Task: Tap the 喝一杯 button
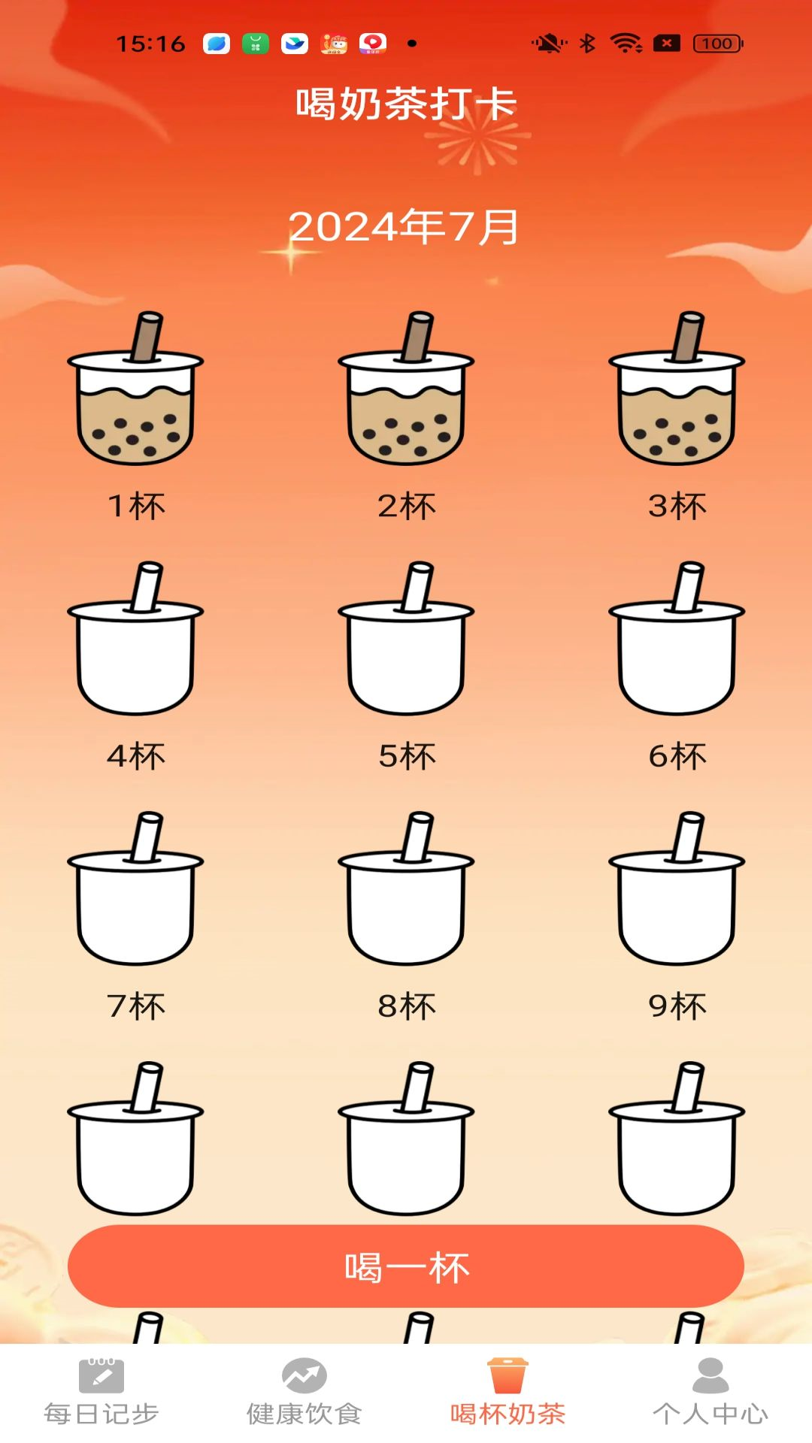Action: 406,1266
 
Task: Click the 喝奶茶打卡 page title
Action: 406,104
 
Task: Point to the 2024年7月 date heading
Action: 404,227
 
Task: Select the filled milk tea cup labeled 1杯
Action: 135,389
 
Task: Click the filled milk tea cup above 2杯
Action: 406,389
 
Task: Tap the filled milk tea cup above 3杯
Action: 677,389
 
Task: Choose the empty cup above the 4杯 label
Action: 135,639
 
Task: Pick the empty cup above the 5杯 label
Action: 406,639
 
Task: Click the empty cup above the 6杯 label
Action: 677,639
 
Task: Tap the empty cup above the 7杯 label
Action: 135,889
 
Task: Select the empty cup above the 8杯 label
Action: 406,889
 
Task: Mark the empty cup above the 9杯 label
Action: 677,889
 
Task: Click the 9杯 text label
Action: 677,1006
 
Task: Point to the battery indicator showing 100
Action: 718,44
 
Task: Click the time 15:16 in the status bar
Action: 150,44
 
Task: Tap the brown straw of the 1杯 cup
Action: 147,336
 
